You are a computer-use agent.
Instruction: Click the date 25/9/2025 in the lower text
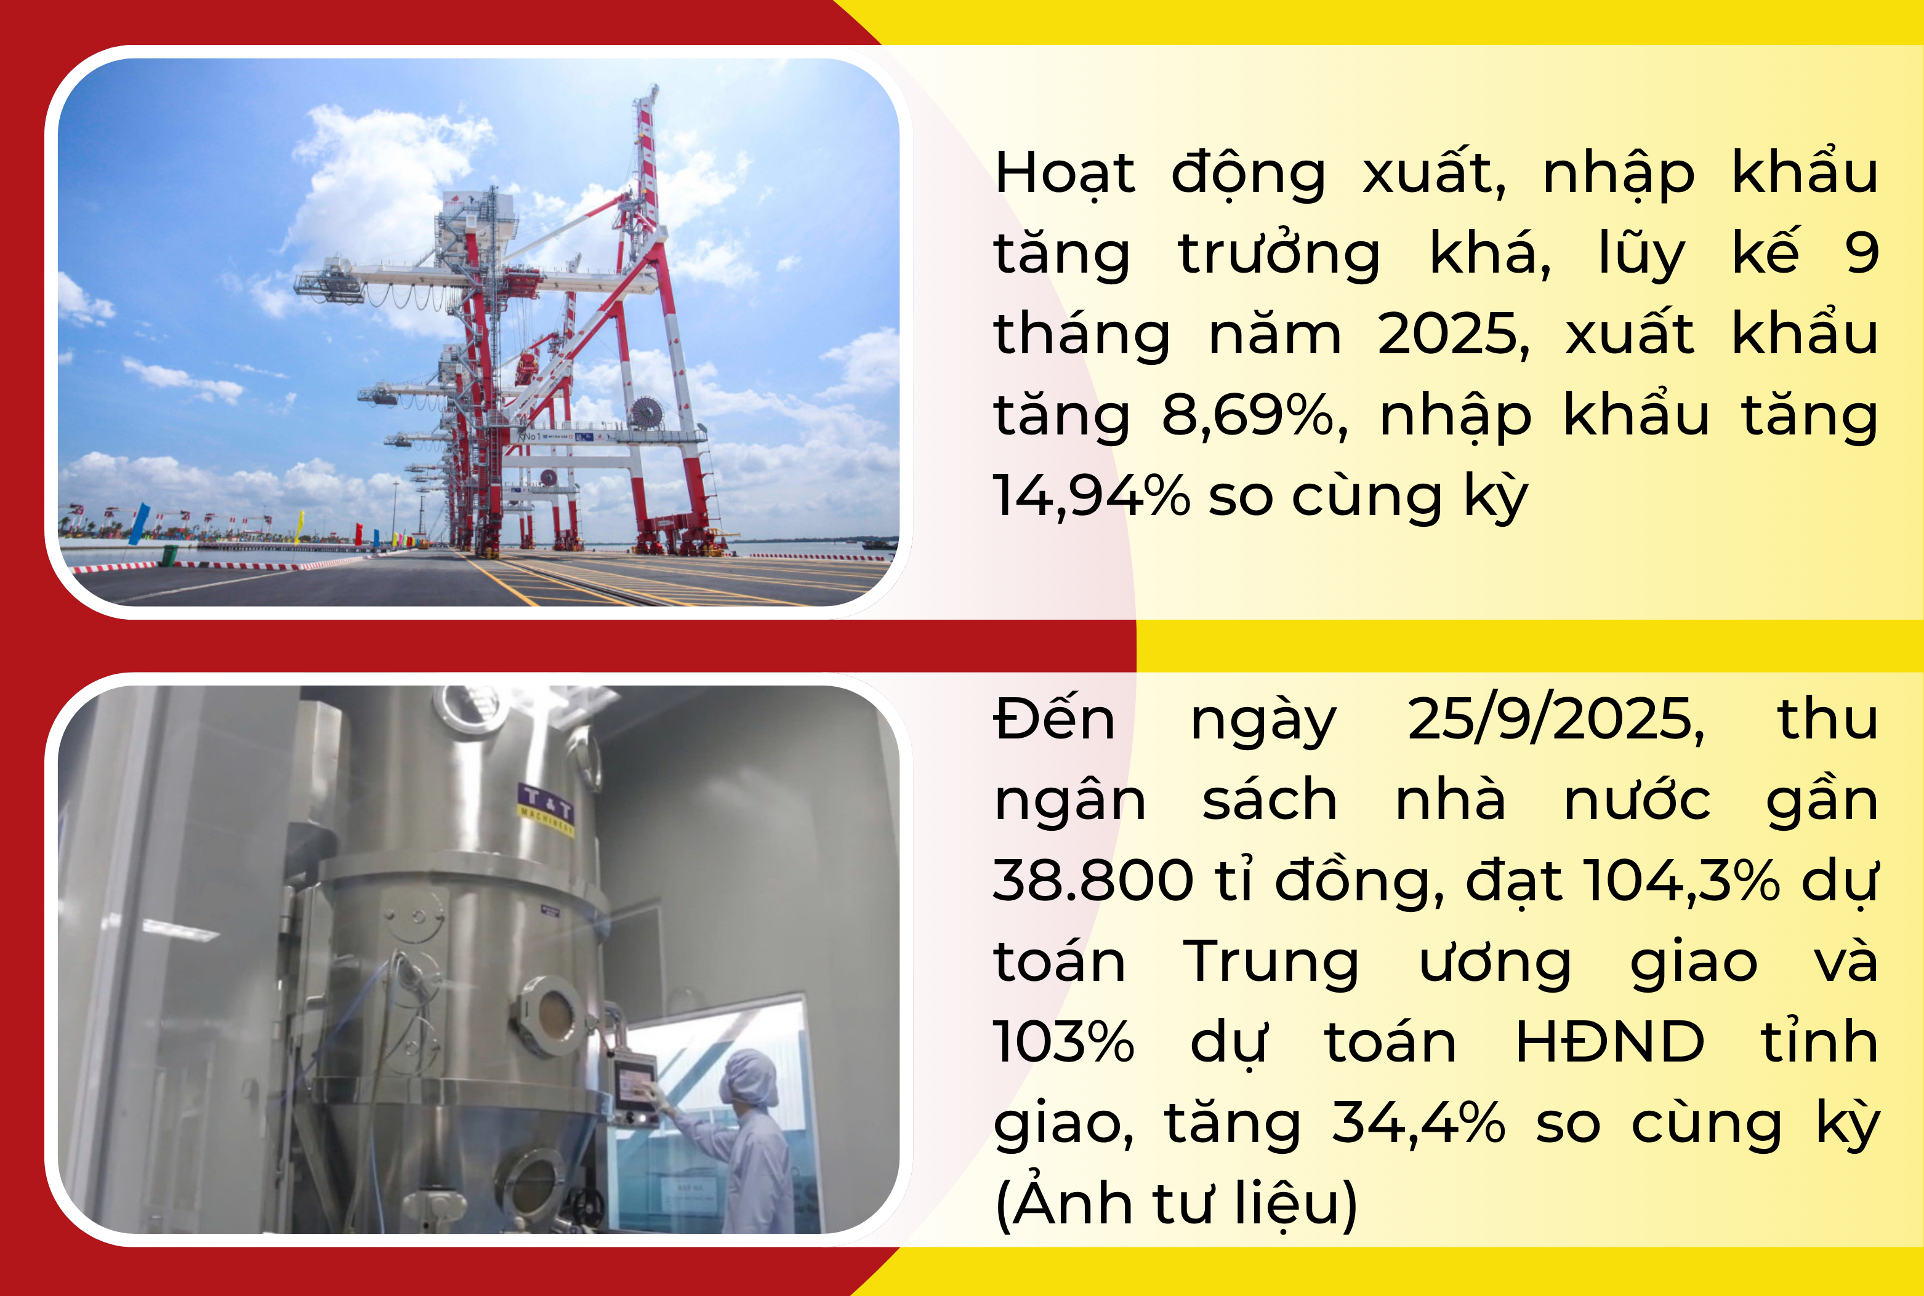point(1555,719)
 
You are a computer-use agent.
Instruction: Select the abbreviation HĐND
point(1609,1041)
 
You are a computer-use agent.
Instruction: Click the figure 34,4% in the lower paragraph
point(1419,1122)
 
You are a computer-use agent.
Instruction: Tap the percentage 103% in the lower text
point(1063,1041)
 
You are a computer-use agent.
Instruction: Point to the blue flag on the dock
point(140,523)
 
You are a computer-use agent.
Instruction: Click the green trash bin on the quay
point(169,554)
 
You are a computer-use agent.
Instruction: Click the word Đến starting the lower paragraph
point(1054,719)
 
